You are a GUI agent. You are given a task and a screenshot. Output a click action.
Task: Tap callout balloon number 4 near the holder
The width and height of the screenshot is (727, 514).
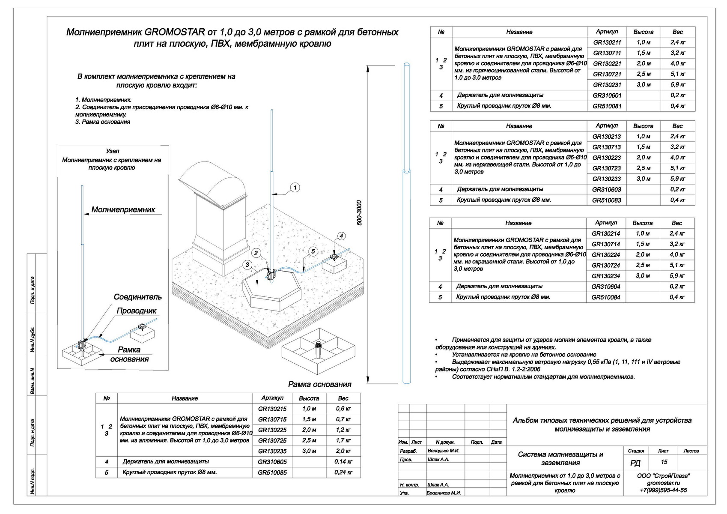341,236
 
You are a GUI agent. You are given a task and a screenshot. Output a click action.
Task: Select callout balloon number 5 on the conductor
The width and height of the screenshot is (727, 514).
313,251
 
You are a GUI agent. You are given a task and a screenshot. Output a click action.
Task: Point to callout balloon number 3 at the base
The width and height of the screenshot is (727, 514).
247,265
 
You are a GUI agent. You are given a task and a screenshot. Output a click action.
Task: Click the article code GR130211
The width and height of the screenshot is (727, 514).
607,42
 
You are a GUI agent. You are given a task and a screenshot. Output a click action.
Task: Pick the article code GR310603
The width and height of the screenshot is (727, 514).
606,189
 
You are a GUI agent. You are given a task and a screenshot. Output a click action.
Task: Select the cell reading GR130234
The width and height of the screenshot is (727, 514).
605,276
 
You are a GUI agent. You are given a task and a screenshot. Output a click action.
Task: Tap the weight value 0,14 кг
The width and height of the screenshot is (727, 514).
343,462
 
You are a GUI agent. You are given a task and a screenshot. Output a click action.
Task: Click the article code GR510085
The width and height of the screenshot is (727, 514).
272,472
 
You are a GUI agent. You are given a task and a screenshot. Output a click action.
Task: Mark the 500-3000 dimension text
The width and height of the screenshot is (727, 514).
359,213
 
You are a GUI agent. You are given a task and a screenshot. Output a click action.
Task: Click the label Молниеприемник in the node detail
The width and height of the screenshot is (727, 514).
123,210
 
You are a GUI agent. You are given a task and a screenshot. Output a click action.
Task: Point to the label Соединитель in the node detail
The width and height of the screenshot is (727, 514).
138,297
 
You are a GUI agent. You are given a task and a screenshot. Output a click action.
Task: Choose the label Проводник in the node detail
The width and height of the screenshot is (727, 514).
137,311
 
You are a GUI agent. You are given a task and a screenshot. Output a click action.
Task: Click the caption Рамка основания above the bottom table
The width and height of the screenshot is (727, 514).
319,384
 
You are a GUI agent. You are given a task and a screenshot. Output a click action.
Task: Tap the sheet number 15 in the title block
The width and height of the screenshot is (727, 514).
664,462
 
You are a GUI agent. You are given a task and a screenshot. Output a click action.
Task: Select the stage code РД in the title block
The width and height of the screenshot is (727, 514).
635,463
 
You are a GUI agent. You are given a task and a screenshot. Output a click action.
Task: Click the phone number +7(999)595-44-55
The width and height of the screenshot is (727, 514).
663,490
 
